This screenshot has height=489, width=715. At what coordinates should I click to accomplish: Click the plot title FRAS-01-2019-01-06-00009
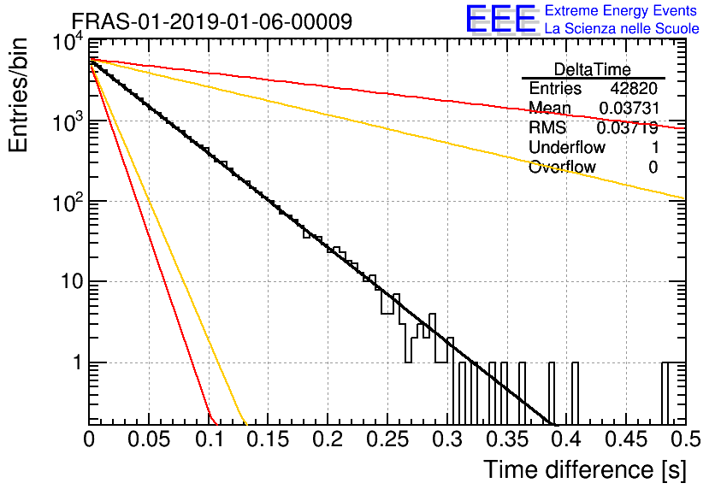click(212, 21)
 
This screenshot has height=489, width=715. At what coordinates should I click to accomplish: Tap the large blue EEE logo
click(500, 19)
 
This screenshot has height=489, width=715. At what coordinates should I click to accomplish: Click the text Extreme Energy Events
click(621, 10)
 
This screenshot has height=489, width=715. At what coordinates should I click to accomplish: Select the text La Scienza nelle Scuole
click(622, 28)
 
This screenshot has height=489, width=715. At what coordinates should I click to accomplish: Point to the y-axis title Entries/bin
click(18, 95)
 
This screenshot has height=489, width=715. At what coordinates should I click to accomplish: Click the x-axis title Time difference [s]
click(585, 469)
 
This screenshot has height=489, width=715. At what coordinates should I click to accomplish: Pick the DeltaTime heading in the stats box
click(592, 69)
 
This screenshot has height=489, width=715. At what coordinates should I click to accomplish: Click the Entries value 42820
click(634, 88)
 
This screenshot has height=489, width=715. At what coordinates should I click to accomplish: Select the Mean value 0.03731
click(629, 108)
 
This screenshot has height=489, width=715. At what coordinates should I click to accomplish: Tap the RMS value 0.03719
click(628, 127)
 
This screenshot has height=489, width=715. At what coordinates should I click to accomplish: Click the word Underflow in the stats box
click(567, 147)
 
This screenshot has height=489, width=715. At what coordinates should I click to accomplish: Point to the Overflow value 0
click(653, 168)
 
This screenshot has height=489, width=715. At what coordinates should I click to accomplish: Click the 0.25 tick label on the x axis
click(387, 439)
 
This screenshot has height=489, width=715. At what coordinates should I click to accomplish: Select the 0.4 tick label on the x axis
click(568, 439)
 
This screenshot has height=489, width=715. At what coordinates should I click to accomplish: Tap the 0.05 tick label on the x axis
click(149, 439)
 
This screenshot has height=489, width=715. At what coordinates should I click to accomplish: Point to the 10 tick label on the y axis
click(72, 281)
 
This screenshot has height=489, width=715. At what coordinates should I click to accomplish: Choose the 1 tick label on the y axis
click(78, 362)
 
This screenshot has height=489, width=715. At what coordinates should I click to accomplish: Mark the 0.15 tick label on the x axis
click(268, 439)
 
